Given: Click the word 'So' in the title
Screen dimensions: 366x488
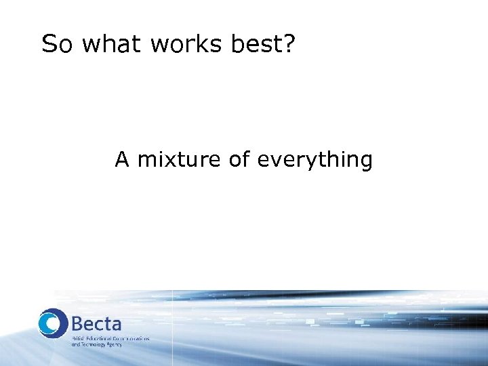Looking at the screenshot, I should click(58, 45).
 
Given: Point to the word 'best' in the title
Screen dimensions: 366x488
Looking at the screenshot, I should click(251, 45).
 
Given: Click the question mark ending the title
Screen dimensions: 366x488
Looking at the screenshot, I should click(288, 45).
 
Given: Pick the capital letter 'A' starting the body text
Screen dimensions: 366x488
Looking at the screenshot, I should click(122, 160).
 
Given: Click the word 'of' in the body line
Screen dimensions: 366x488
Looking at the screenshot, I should click(239, 160).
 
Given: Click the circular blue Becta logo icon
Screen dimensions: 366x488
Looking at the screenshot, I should click(53, 323).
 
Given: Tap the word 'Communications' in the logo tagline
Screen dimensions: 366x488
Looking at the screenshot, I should click(132, 338).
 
